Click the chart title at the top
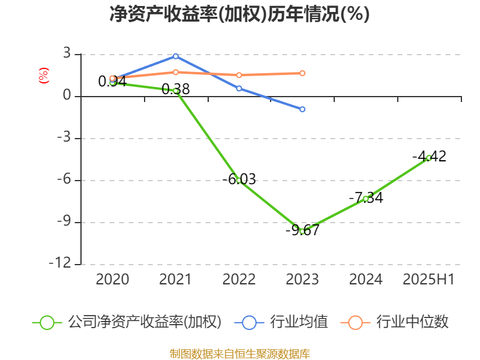coord(239,14)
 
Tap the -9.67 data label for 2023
coord(302,230)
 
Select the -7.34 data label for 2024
coord(366,198)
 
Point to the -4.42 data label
coord(429,157)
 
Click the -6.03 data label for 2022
coord(239,179)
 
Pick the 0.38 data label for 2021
coord(176,89)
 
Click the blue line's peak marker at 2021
coord(176,56)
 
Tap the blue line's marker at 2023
coord(302,109)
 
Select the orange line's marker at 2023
coord(302,73)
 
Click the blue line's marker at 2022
coord(239,88)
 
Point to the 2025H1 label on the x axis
coord(429,280)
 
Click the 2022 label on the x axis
coord(239,280)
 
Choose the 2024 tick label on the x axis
coord(366,280)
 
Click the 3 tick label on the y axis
coord(67,54)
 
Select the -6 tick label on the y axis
coord(63,180)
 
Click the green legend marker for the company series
coord(47,322)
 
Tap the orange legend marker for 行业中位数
coord(355,322)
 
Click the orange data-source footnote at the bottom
coord(239,353)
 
